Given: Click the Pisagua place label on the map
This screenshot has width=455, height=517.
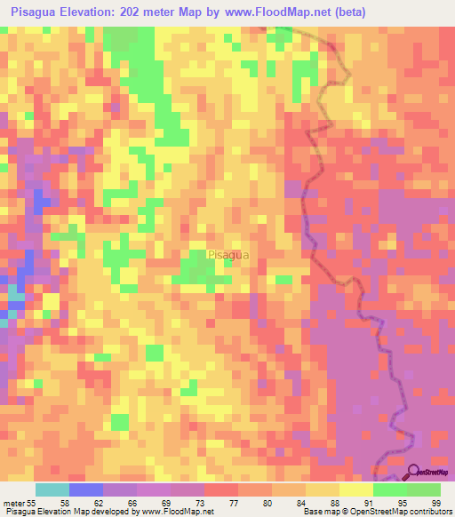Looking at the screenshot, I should point(227,255).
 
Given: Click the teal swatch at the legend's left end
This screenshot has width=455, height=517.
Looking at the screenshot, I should point(52,489).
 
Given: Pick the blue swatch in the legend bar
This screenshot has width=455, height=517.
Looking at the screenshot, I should point(86,489).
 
